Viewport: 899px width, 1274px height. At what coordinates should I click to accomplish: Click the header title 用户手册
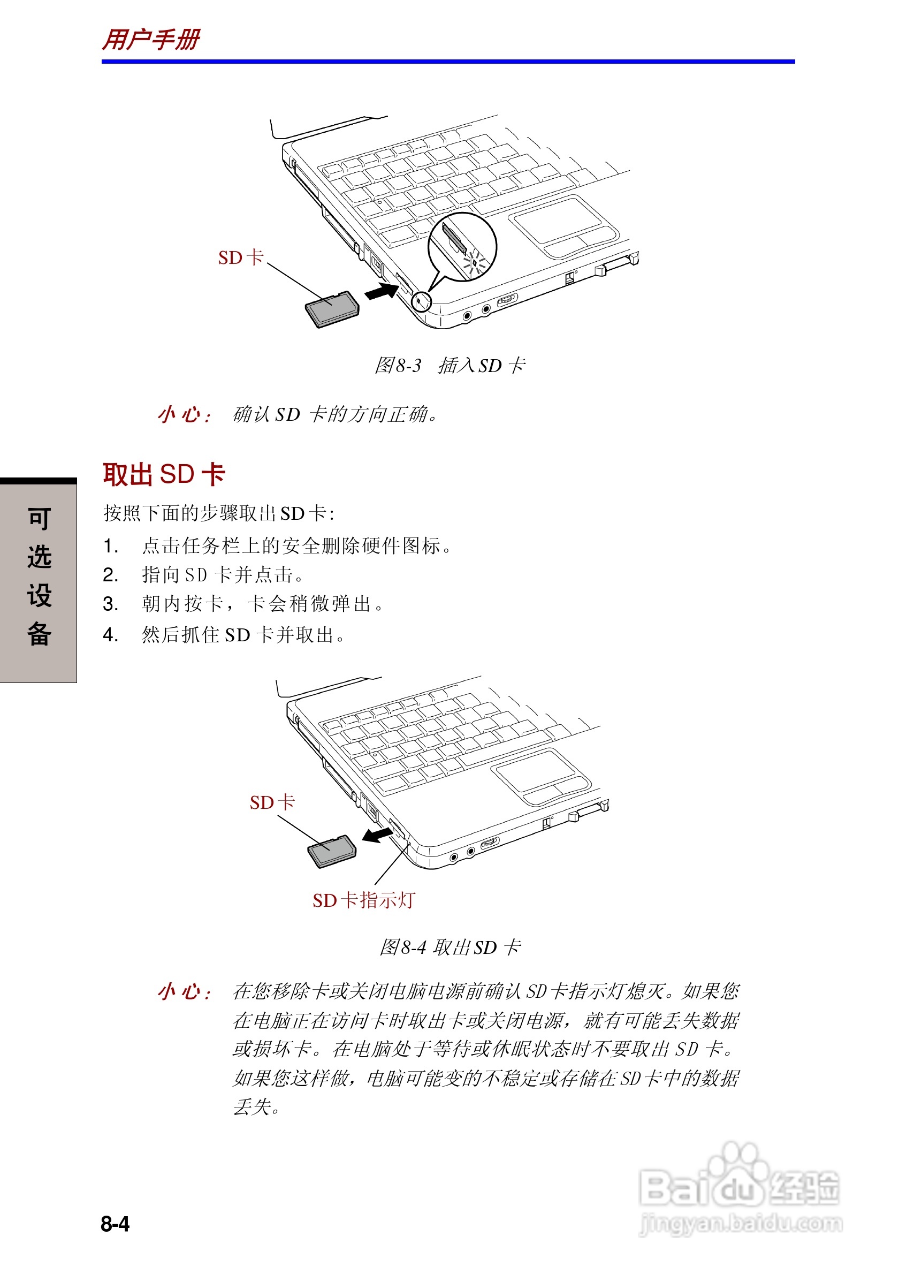[x=151, y=40]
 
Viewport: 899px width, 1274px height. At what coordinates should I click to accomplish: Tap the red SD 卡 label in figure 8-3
[x=240, y=257]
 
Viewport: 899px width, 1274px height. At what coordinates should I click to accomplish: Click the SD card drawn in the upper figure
[x=332, y=309]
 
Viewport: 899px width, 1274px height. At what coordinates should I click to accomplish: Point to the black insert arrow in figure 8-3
[x=382, y=291]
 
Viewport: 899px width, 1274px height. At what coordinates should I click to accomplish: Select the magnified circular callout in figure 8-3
[x=461, y=247]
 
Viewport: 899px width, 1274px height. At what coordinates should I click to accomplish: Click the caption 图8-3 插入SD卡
[x=450, y=365]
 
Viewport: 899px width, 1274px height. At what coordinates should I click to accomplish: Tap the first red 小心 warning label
[x=184, y=414]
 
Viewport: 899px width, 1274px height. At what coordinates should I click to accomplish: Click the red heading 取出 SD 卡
[x=164, y=474]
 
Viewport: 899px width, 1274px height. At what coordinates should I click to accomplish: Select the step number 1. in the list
[x=110, y=546]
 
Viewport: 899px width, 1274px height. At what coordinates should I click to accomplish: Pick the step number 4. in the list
[x=110, y=634]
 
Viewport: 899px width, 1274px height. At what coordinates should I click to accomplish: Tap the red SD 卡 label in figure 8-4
[x=272, y=802]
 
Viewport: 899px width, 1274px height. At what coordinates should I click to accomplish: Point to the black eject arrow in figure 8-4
[x=377, y=835]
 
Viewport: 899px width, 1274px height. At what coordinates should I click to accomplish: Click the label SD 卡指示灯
[x=363, y=900]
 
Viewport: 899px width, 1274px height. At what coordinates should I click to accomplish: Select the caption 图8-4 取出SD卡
[x=450, y=947]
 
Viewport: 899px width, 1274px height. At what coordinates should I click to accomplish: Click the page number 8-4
[x=115, y=1224]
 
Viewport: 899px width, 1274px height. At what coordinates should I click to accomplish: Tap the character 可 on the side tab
[x=39, y=518]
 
